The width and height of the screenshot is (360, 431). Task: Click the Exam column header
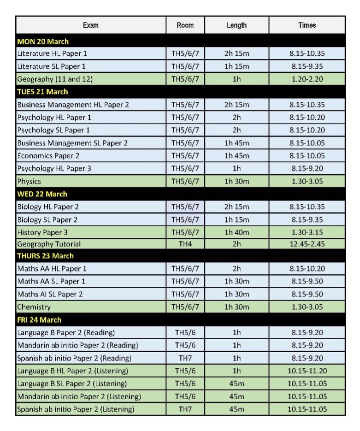pyautogui.click(x=91, y=25)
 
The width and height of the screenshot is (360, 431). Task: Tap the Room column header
pyautogui.click(x=185, y=25)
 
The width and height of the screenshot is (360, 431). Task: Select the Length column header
pyautogui.click(x=236, y=25)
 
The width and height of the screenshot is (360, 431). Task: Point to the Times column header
pyautogui.click(x=307, y=25)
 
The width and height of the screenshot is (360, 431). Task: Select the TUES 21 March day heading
pyautogui.click(x=42, y=92)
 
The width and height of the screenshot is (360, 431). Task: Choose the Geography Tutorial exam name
pyautogui.click(x=49, y=244)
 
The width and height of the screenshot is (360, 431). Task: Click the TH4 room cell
pyautogui.click(x=185, y=244)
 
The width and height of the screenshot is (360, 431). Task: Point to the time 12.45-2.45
pyautogui.click(x=307, y=244)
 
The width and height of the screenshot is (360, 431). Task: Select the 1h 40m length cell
pyautogui.click(x=236, y=232)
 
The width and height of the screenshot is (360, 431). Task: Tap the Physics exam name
pyautogui.click(x=29, y=181)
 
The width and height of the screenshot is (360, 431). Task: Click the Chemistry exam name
pyautogui.click(x=34, y=307)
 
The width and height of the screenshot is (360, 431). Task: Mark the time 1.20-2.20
pyautogui.click(x=307, y=79)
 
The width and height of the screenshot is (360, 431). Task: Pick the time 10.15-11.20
pyautogui.click(x=307, y=371)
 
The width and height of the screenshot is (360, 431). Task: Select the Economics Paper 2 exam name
pyautogui.click(x=48, y=156)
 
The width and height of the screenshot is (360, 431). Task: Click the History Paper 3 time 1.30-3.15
pyautogui.click(x=307, y=232)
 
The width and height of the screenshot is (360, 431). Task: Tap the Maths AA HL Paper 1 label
pyautogui.click(x=52, y=268)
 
